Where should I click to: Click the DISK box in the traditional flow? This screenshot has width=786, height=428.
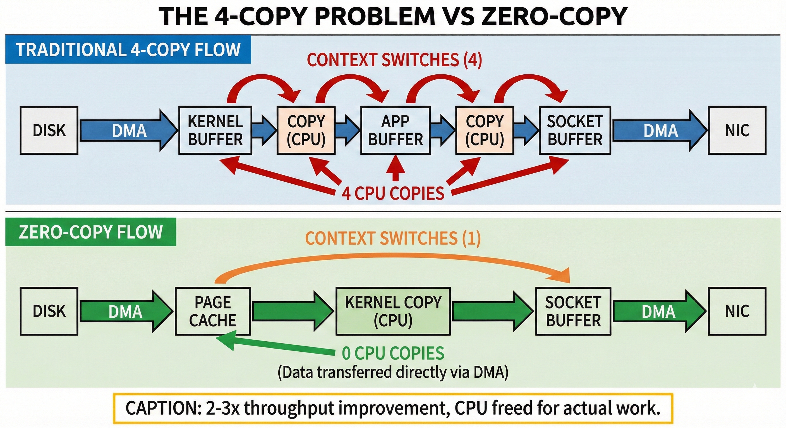click(x=49, y=130)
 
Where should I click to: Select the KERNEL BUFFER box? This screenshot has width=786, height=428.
click(x=215, y=130)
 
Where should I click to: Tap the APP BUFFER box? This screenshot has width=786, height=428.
click(x=396, y=130)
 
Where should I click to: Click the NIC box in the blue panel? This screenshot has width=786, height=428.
click(x=737, y=130)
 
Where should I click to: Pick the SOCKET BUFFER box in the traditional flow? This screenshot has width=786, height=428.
click(x=575, y=130)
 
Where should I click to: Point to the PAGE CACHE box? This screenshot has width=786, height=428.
click(x=213, y=311)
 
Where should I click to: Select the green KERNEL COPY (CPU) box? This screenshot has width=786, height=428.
click(x=393, y=311)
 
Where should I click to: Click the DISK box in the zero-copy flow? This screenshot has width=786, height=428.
click(x=49, y=311)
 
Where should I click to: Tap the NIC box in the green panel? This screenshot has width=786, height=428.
click(x=737, y=311)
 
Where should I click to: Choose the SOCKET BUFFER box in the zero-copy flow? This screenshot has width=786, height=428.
click(x=573, y=311)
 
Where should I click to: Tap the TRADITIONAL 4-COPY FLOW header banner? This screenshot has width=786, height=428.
click(x=128, y=50)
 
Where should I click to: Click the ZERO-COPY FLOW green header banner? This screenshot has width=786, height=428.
click(x=91, y=232)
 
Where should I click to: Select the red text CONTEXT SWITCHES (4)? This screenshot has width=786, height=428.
click(x=394, y=60)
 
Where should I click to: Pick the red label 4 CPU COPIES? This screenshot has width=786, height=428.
click(x=393, y=193)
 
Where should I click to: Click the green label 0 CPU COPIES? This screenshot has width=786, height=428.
click(x=393, y=353)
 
